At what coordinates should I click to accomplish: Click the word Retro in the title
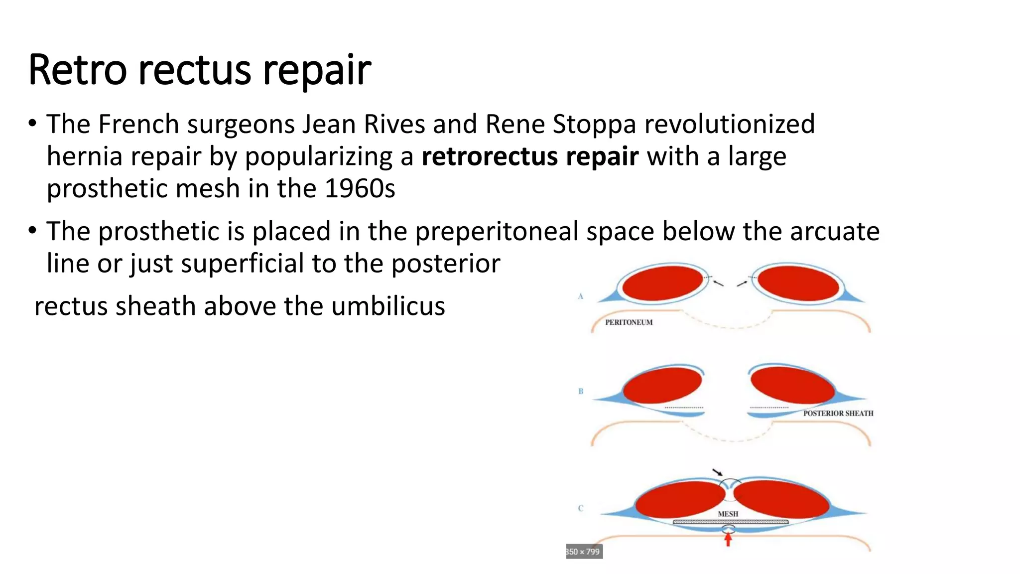(78, 70)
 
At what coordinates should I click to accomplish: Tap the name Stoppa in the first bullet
(594, 124)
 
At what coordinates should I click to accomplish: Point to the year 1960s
(360, 189)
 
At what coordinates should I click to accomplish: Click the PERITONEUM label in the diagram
(629, 322)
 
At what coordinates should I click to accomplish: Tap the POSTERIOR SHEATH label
(838, 413)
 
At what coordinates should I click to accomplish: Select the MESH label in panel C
(728, 514)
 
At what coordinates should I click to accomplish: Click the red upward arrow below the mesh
(728, 539)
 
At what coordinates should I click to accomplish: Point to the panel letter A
(580, 296)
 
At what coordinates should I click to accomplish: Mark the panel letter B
(581, 391)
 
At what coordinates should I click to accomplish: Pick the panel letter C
(580, 508)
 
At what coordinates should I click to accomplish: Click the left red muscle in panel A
(662, 283)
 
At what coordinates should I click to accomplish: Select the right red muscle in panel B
(792, 385)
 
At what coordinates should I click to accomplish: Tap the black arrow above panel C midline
(717, 472)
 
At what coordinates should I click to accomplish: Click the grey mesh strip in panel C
(730, 522)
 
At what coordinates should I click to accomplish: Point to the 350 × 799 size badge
(584, 552)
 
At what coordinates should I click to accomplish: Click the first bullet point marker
(32, 124)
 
